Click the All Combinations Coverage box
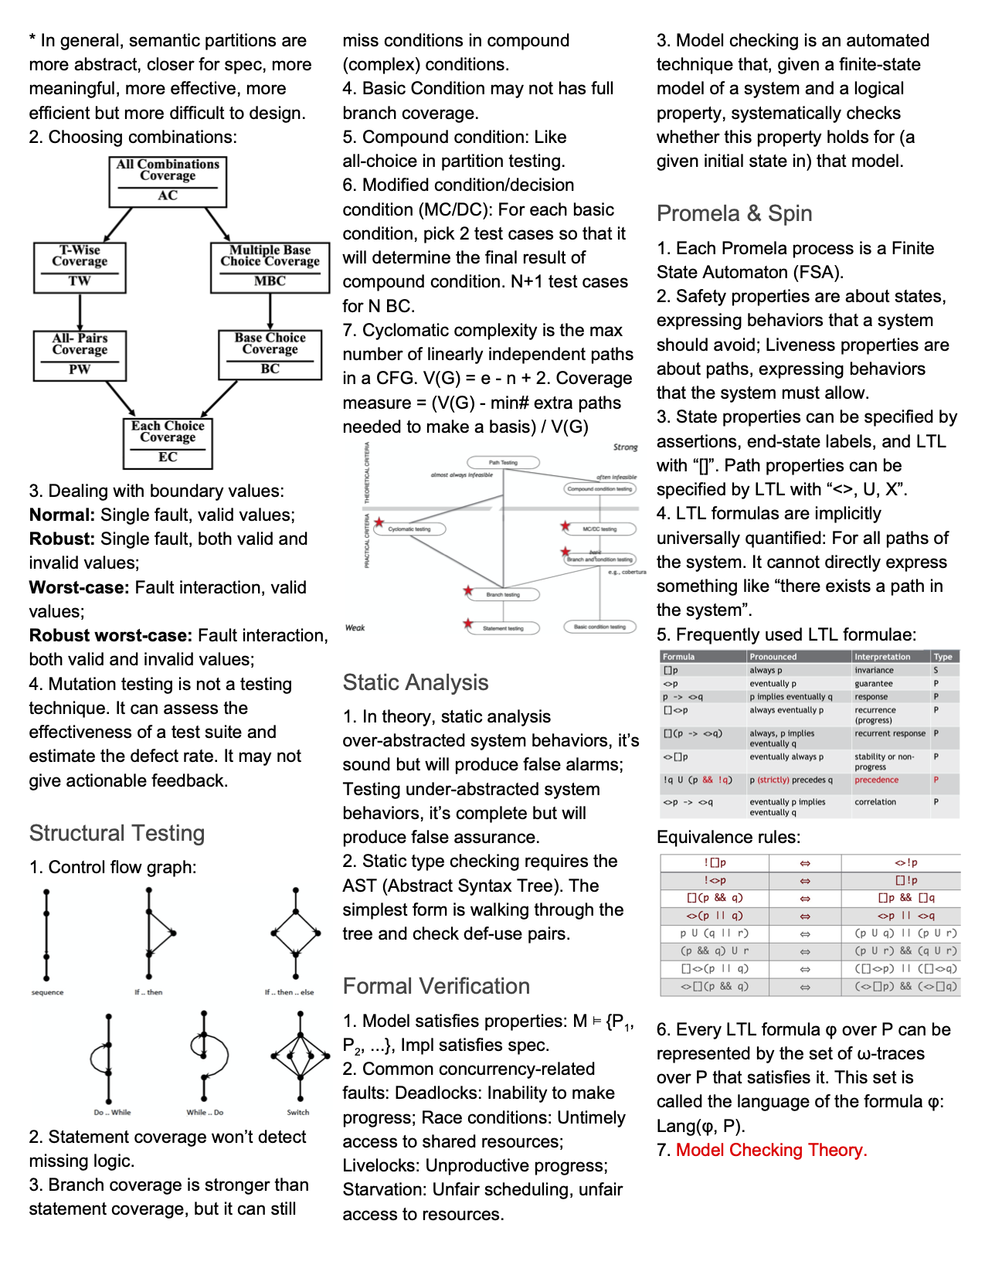(x=168, y=181)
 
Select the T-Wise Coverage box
(x=80, y=267)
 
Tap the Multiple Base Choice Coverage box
(x=270, y=267)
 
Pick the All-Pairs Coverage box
(x=80, y=355)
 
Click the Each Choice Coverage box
(x=168, y=443)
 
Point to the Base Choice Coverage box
(x=270, y=355)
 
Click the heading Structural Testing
(x=117, y=833)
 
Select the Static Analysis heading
(x=415, y=682)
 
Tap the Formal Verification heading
(x=436, y=986)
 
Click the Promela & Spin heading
(x=734, y=213)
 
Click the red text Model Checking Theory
(x=771, y=1150)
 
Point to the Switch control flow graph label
(x=297, y=1113)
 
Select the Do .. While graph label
(x=112, y=1113)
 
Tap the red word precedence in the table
(x=876, y=780)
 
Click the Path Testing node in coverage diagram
(x=503, y=462)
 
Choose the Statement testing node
(x=503, y=628)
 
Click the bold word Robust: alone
(x=62, y=539)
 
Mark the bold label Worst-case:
(x=79, y=587)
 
